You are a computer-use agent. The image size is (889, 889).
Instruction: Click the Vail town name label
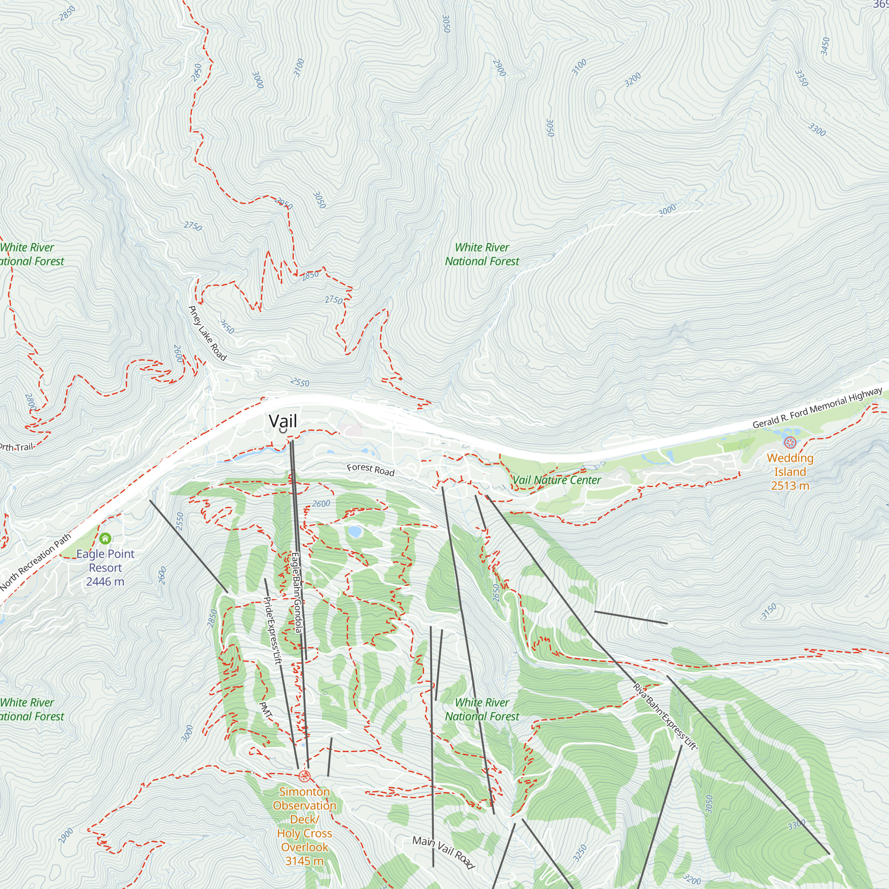tap(283, 421)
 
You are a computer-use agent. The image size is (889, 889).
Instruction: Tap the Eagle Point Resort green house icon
tap(105, 538)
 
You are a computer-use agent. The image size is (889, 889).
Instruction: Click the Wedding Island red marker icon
tap(789, 443)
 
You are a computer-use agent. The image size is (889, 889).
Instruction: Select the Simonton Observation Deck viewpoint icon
tap(304, 777)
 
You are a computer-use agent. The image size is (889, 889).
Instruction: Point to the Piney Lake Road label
tap(207, 333)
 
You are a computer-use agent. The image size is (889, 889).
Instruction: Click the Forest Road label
tap(370, 470)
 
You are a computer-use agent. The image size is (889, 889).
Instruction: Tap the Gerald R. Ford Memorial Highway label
tap(817, 408)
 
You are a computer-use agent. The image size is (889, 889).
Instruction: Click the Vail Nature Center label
tap(557, 480)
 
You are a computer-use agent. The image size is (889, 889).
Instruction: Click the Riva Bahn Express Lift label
tap(665, 717)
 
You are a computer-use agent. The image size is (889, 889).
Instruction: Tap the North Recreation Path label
tap(36, 562)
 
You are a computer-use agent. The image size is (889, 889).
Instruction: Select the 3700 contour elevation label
tap(299, 68)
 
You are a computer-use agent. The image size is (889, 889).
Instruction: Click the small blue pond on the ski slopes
tap(354, 532)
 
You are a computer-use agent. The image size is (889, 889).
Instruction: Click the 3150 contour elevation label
tap(769, 612)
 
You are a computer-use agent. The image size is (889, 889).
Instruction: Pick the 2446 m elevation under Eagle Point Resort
tap(105, 581)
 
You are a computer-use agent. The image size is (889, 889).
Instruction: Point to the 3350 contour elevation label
tap(801, 78)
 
